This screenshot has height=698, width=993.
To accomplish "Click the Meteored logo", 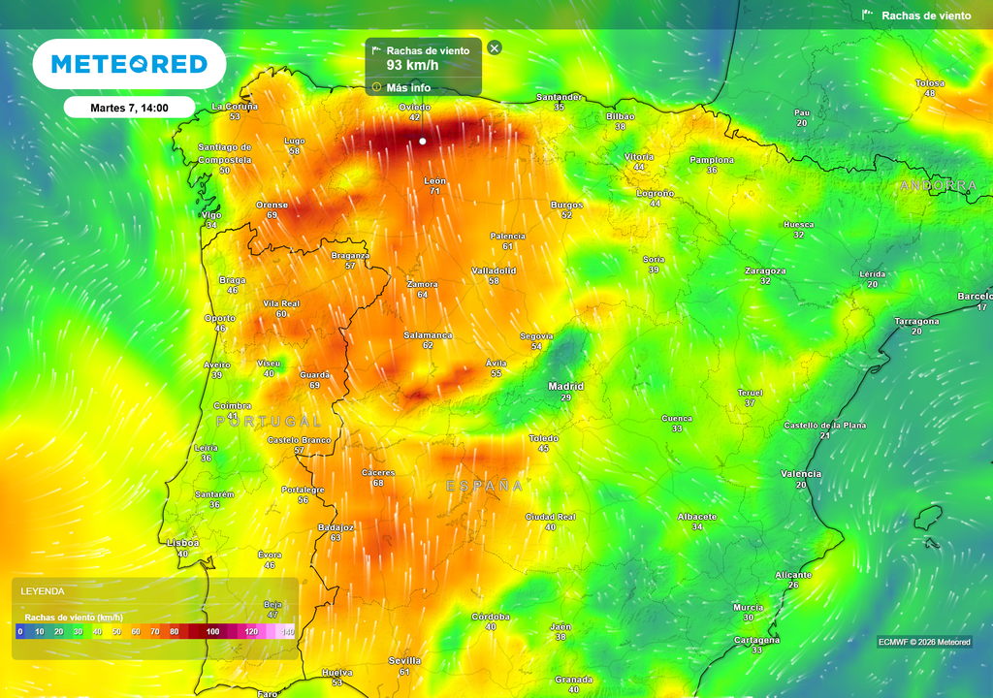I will point(129,64).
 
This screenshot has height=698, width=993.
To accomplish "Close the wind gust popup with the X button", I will point(495,48).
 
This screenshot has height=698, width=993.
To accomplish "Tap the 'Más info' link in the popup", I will point(408,87).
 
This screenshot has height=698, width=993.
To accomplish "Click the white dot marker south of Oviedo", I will point(423,142).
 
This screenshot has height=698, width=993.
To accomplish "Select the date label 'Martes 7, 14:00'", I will point(129,108).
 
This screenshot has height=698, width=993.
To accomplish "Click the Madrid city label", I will point(566,386).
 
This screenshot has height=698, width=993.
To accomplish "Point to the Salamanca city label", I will point(428,334).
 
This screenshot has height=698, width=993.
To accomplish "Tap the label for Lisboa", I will point(183,543).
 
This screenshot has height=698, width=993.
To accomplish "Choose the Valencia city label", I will point(801,474).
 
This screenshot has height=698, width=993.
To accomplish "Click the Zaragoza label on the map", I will point(765,270).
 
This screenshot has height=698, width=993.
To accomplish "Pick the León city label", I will point(435,181).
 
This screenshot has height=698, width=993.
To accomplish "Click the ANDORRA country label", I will point(939,185).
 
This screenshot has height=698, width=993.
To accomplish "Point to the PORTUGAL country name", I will point(269,422).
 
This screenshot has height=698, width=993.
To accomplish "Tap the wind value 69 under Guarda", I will point(314,385).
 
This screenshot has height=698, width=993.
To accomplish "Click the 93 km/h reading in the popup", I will point(412,65).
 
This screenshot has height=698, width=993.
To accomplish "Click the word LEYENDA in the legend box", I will point(43,590).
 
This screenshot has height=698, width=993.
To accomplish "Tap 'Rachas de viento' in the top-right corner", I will point(925,16).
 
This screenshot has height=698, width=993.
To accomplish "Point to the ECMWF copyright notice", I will point(923,642).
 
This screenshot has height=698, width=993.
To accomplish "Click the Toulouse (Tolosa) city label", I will point(930,83).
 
